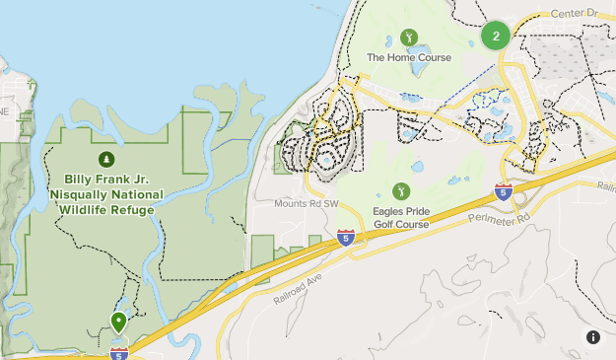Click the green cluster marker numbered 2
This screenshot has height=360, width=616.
pos(496,36)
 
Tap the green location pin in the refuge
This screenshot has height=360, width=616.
pos(118,322)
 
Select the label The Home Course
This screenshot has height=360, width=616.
pos(409,58)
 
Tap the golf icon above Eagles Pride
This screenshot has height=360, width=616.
pos(400,190)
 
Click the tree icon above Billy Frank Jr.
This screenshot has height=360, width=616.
pos(104,159)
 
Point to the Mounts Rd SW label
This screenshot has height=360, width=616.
pos(307,204)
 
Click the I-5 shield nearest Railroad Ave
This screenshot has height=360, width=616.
pos(345,238)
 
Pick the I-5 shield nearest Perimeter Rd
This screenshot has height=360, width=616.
pos(504,191)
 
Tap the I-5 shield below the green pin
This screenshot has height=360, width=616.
pos(119,352)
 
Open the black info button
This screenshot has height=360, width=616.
pos(593,337)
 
